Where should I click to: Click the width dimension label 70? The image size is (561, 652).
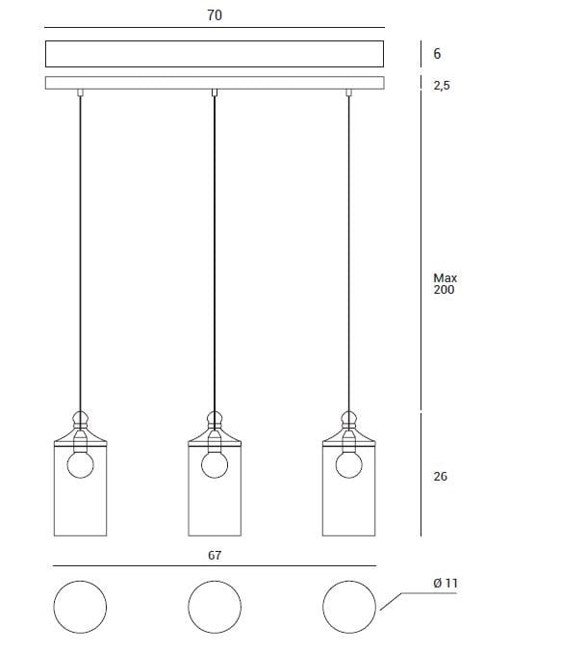pos(215,15)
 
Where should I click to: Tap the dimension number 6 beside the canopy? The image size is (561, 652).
pos(438,54)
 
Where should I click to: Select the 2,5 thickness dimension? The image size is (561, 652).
pos(442,86)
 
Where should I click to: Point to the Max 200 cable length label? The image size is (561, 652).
pos(445,284)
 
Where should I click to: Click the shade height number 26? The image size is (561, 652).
pos(441,476)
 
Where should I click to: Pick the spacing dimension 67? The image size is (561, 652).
pos(215,556)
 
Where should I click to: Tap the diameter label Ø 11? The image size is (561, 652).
pos(445,583)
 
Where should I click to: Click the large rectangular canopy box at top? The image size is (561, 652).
pos(215,53)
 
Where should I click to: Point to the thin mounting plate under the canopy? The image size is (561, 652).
pos(215,83)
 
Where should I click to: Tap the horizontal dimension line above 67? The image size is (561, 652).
pos(215,566)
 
